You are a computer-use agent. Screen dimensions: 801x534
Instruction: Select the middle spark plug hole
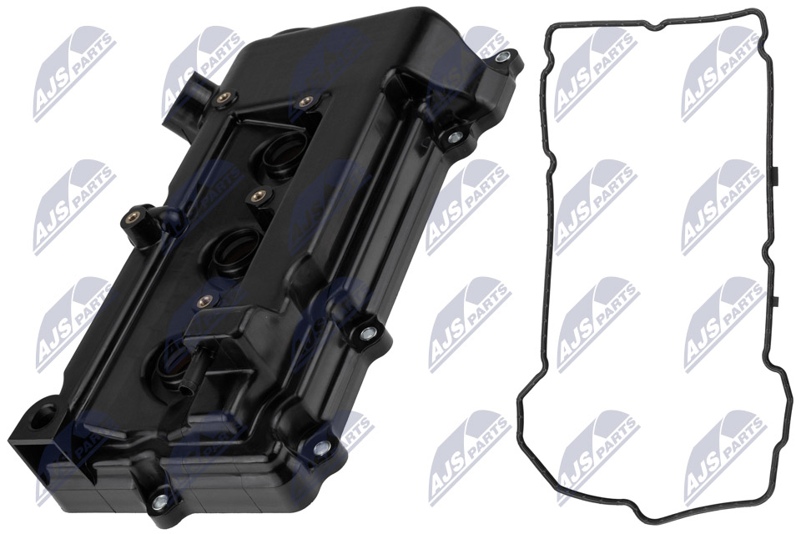235,245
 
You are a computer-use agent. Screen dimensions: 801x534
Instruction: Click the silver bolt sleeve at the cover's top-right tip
503,57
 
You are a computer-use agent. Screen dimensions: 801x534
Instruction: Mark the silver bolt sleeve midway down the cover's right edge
365,333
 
